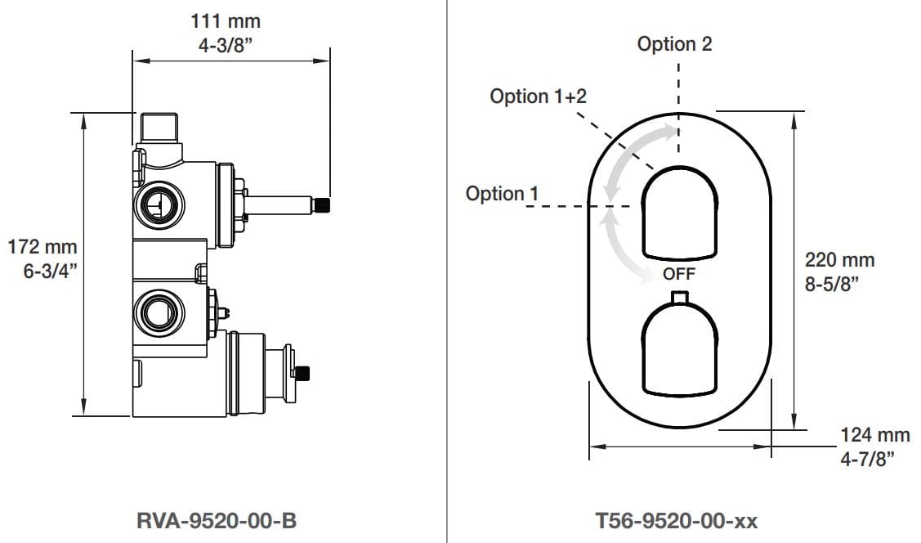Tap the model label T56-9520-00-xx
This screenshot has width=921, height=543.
[x=678, y=520]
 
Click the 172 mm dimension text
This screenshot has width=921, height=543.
[x=42, y=246]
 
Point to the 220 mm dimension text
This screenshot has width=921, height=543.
[x=839, y=260]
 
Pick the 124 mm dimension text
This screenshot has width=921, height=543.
[x=875, y=436]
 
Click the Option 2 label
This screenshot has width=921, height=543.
[x=674, y=44]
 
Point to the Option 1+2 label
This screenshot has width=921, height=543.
[x=538, y=96]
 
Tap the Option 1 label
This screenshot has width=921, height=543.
[x=502, y=194]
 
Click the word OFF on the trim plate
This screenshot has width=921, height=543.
[x=678, y=273]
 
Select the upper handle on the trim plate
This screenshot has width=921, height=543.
[x=679, y=213]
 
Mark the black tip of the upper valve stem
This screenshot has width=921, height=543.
[x=324, y=204]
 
